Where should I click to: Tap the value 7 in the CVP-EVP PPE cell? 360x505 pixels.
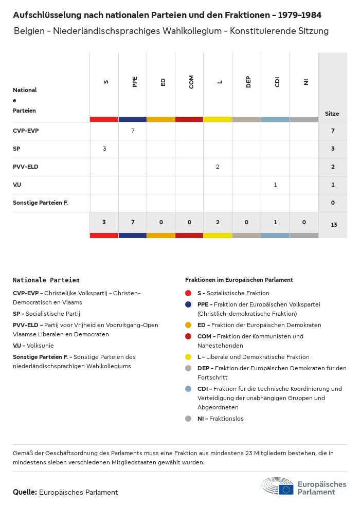point(133,131)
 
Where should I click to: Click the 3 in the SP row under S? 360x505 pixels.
point(104,149)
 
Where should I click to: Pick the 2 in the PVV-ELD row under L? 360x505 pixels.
point(218,167)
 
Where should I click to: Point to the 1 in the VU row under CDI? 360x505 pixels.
point(275,185)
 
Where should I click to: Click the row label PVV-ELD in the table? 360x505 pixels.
point(26,167)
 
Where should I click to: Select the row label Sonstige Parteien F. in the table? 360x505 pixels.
point(41,203)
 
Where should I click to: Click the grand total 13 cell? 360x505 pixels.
point(333,225)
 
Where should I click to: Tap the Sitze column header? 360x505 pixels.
point(332,114)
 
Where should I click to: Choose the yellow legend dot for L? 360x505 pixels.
point(189,357)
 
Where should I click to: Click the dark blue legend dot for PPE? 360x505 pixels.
point(189,304)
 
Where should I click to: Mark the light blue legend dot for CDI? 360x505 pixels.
point(189,389)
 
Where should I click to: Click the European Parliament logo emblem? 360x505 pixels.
point(278,487)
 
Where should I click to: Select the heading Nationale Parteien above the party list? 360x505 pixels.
point(46,280)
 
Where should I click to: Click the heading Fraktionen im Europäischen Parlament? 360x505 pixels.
point(239,280)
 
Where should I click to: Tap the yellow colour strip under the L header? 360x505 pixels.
point(218,119)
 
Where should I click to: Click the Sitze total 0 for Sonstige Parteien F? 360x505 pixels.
point(333,203)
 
